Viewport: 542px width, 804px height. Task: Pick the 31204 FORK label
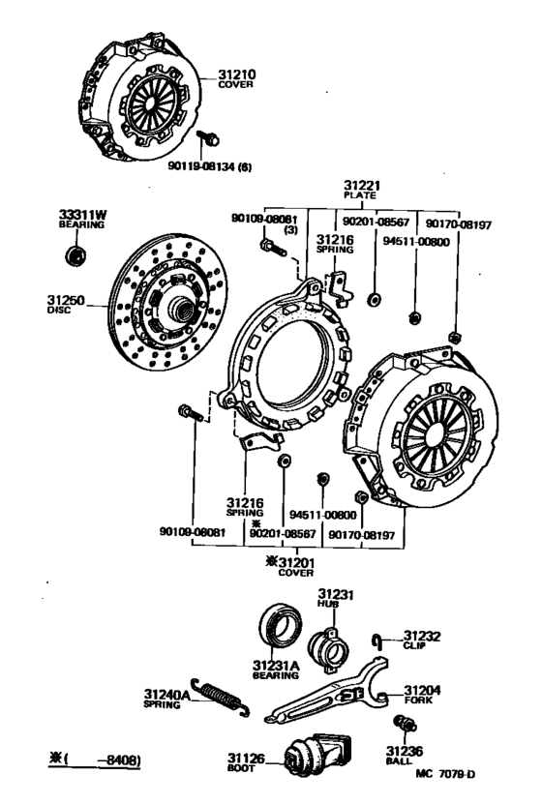(417, 695)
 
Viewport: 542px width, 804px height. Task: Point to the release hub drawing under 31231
(330, 645)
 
